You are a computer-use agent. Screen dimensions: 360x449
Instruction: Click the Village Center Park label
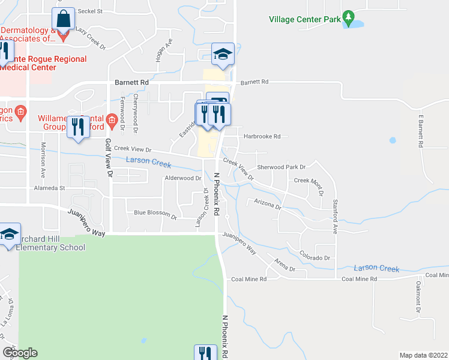click(x=304, y=19)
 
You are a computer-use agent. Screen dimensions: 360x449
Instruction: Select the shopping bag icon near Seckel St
click(x=63, y=19)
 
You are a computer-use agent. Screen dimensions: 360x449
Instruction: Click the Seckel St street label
click(x=91, y=11)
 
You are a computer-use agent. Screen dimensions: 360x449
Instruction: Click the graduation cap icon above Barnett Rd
click(x=222, y=54)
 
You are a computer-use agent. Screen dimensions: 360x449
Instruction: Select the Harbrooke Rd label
click(x=262, y=137)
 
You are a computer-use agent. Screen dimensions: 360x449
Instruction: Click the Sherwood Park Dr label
click(x=282, y=167)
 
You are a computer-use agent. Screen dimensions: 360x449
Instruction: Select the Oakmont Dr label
click(x=418, y=294)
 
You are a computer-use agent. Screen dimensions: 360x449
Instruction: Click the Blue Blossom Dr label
click(x=155, y=213)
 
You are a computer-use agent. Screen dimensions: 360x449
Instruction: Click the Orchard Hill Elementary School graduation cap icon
click(x=10, y=235)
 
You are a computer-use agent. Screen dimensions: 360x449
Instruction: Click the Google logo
click(x=20, y=353)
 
